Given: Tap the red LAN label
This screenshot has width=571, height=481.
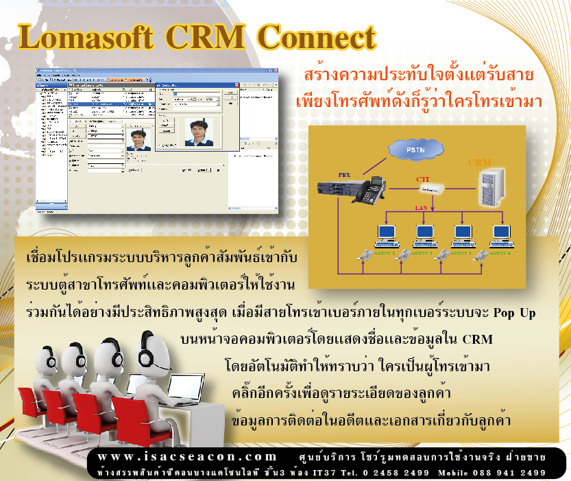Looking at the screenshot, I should click(422, 207).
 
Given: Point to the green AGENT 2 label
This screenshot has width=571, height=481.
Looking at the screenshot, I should click(422, 253).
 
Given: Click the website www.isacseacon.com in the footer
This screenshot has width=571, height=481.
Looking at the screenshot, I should click(186, 457).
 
